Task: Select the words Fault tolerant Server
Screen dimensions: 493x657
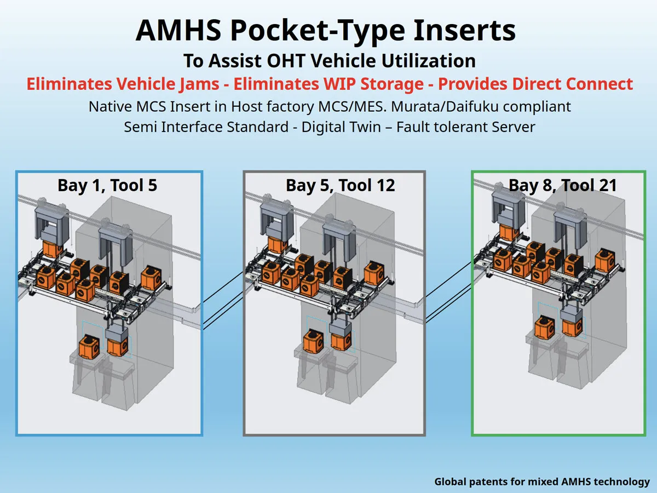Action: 465,127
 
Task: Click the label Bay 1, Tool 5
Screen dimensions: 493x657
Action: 107,185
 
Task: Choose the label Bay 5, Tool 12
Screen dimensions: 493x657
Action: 340,185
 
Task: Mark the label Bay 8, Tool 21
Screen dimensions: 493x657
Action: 563,185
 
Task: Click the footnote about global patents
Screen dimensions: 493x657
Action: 542,481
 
